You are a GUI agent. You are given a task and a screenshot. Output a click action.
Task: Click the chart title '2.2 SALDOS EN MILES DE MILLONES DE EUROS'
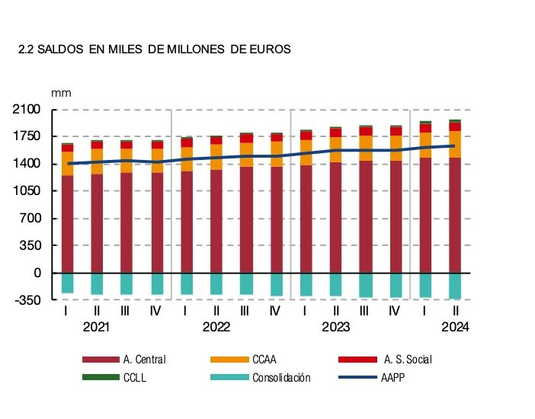tap(155, 50)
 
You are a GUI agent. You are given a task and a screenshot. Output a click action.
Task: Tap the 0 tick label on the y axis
tap(36, 273)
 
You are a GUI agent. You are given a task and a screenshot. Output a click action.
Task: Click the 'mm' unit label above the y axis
tap(60, 92)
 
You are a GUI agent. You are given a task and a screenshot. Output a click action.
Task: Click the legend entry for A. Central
tap(143, 359)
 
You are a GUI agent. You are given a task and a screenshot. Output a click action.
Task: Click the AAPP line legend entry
tap(392, 377)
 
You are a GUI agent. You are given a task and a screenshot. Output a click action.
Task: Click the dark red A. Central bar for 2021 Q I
tap(68, 224)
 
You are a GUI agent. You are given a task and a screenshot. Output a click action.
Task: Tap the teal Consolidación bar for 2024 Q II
tap(455, 286)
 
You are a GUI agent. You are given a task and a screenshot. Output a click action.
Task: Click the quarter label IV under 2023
tap(395, 311)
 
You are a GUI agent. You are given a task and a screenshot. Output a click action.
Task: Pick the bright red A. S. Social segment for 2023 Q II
tap(335, 133)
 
